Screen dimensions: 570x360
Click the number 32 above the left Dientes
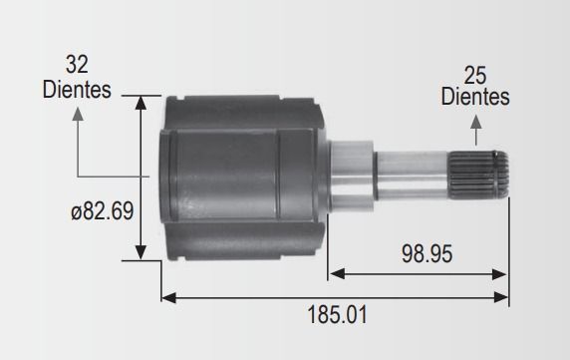tap(77, 65)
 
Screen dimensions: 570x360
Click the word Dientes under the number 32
tap(77, 90)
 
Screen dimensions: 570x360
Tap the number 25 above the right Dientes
tap(474, 76)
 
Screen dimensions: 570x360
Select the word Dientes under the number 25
tap(475, 97)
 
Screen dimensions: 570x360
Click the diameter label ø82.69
tap(103, 210)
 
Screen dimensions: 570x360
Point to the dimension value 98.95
tap(427, 253)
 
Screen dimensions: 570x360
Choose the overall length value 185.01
tap(338, 314)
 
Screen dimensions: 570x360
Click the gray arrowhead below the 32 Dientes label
tap(78, 114)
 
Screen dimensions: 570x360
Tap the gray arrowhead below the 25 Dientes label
tap(476, 122)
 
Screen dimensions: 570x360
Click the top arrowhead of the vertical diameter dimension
tap(141, 103)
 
